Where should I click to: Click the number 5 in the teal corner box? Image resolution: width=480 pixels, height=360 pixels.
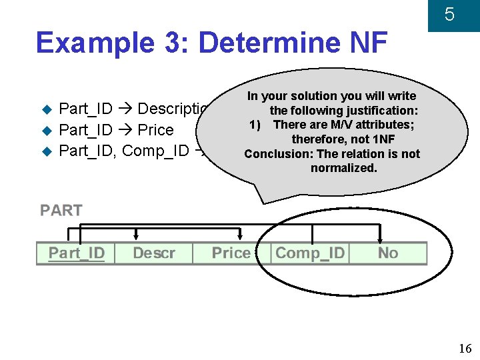click(449, 14)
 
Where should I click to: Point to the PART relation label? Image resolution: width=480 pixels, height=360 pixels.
click(61, 211)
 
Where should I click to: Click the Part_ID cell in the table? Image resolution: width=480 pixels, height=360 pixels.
click(76, 253)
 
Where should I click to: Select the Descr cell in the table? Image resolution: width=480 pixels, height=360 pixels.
click(153, 253)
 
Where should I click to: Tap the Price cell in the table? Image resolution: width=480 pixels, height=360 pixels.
click(231, 253)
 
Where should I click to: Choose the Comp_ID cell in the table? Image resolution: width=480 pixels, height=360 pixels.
click(310, 253)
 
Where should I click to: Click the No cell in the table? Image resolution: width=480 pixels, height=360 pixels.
click(387, 253)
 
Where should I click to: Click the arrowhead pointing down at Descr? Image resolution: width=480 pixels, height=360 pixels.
click(136, 235)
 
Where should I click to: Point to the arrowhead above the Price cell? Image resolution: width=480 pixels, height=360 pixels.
click(241, 235)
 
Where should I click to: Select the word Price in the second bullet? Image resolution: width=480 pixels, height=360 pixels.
click(155, 130)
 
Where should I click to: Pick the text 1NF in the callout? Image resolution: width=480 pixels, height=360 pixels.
click(384, 139)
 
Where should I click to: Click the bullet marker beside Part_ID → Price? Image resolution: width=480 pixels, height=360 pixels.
click(46, 130)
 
